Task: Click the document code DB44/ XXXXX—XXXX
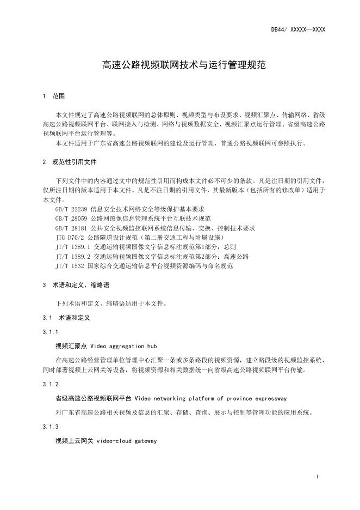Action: [298, 29]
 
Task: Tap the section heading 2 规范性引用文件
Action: [69, 162]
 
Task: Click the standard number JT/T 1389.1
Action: [73, 247]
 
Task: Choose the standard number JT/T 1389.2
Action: [73, 256]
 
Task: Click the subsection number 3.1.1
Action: [50, 332]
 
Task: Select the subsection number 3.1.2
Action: [50, 384]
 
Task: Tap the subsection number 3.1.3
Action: [50, 427]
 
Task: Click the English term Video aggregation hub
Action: [117, 346]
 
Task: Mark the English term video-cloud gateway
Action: [127, 441]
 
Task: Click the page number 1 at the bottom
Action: [316, 477]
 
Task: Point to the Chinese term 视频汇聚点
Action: [71, 346]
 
